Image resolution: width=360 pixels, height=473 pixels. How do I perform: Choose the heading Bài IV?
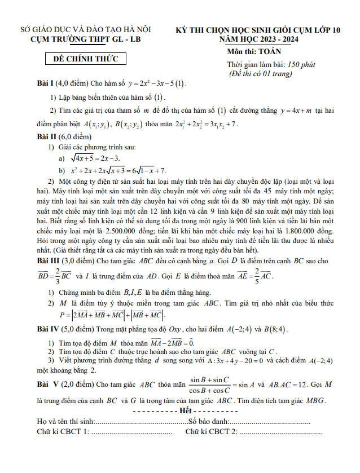point(49,329)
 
